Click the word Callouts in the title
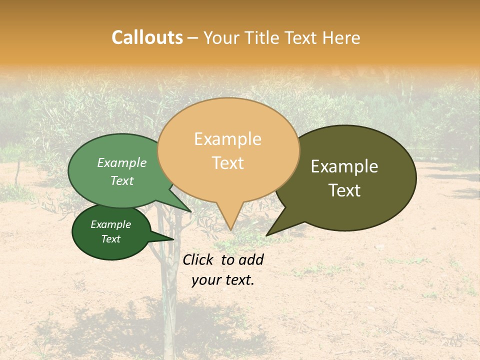click(x=147, y=37)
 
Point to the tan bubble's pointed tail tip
click(x=230, y=230)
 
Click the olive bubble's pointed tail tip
click(x=267, y=235)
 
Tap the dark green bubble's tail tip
click(x=173, y=239)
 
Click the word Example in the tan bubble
click(x=227, y=139)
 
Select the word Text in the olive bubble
click(x=344, y=190)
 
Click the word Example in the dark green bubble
click(x=110, y=224)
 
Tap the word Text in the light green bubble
click(x=122, y=180)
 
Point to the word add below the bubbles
click(x=250, y=259)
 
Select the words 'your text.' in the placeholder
click(x=223, y=280)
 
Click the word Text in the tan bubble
click(x=228, y=163)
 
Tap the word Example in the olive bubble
click(x=344, y=166)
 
